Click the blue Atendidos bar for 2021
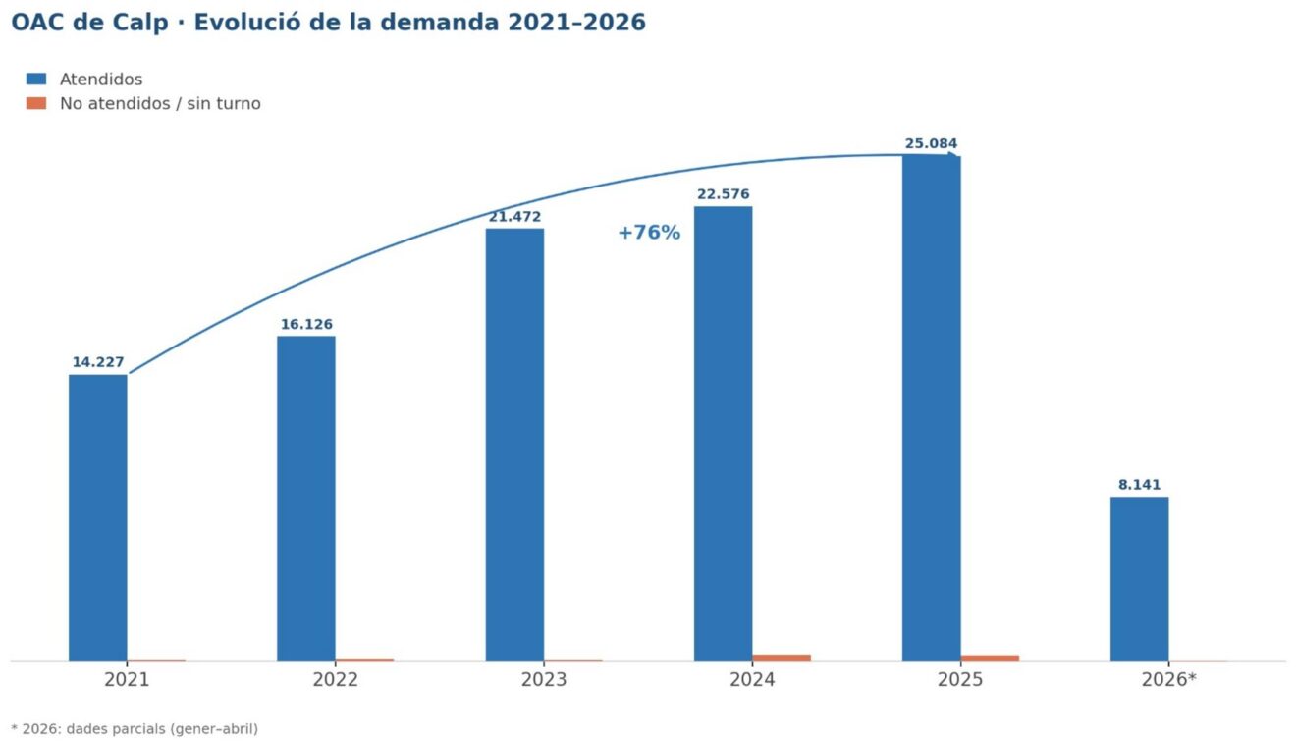[x=97, y=517]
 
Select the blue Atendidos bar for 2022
[x=305, y=498]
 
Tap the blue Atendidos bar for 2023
[x=514, y=444]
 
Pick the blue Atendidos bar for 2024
[x=723, y=433]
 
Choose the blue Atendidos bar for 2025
[x=931, y=407]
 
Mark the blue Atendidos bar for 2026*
[x=1139, y=578]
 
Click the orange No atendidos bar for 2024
[x=782, y=657]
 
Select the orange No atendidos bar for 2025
[x=990, y=658]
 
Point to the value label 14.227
[x=98, y=362]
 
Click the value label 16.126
[x=306, y=324]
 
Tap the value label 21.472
[x=514, y=217]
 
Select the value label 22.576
[x=723, y=194]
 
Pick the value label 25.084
[x=931, y=143]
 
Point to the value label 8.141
[x=1139, y=485]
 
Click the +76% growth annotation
[x=649, y=233]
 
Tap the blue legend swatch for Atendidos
[x=36, y=80]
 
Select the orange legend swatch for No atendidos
[x=36, y=103]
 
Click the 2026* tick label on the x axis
[x=1168, y=680]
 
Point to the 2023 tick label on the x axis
[x=543, y=680]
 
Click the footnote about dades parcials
[x=135, y=728]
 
